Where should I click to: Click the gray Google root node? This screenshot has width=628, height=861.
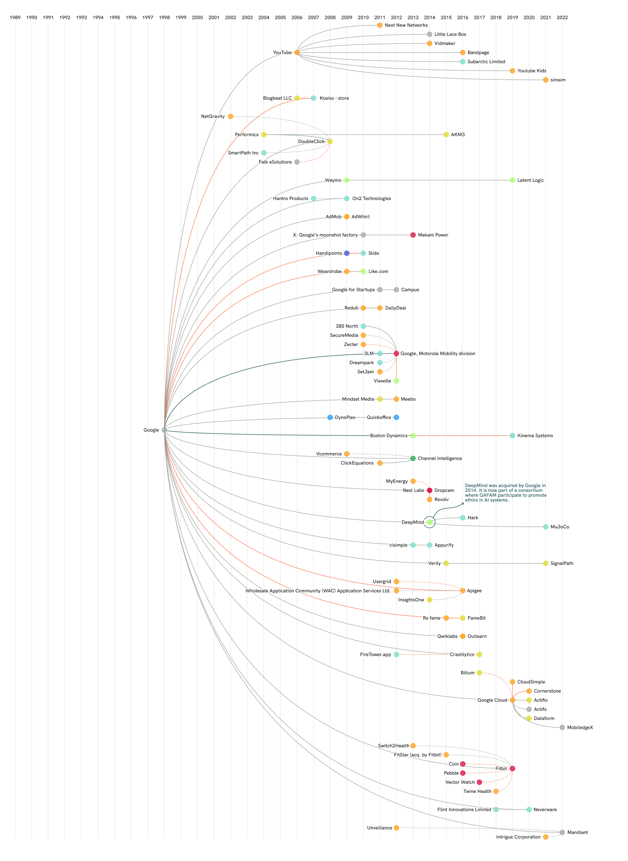click(x=164, y=430)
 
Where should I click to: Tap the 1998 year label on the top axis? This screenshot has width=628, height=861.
click(x=164, y=18)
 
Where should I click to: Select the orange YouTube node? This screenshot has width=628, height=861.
click(x=297, y=53)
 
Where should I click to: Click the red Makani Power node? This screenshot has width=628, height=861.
click(x=413, y=235)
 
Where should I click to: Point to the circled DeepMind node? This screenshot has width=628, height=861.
click(x=429, y=522)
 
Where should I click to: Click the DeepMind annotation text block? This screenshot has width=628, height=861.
click(x=505, y=493)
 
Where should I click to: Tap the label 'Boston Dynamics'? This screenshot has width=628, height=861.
click(x=389, y=436)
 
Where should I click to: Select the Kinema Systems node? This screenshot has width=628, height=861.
click(x=513, y=436)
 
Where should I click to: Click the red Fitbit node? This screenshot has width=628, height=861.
click(x=513, y=768)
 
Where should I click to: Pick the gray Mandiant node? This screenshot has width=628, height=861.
click(x=562, y=832)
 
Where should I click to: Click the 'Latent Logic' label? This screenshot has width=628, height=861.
click(x=531, y=180)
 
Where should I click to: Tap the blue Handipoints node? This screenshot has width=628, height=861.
click(x=346, y=253)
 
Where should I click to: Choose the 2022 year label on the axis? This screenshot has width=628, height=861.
click(x=562, y=18)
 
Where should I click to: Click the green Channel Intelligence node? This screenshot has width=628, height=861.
click(x=413, y=458)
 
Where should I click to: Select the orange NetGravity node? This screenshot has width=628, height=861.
click(x=231, y=116)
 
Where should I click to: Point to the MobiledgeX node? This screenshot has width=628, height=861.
click(x=562, y=727)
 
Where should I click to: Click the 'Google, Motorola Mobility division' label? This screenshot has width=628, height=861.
click(x=438, y=353)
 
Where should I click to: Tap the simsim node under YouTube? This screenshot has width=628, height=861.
click(x=545, y=80)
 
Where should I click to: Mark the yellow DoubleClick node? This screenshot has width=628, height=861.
click(x=330, y=142)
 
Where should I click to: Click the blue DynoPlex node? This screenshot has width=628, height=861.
click(x=330, y=417)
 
